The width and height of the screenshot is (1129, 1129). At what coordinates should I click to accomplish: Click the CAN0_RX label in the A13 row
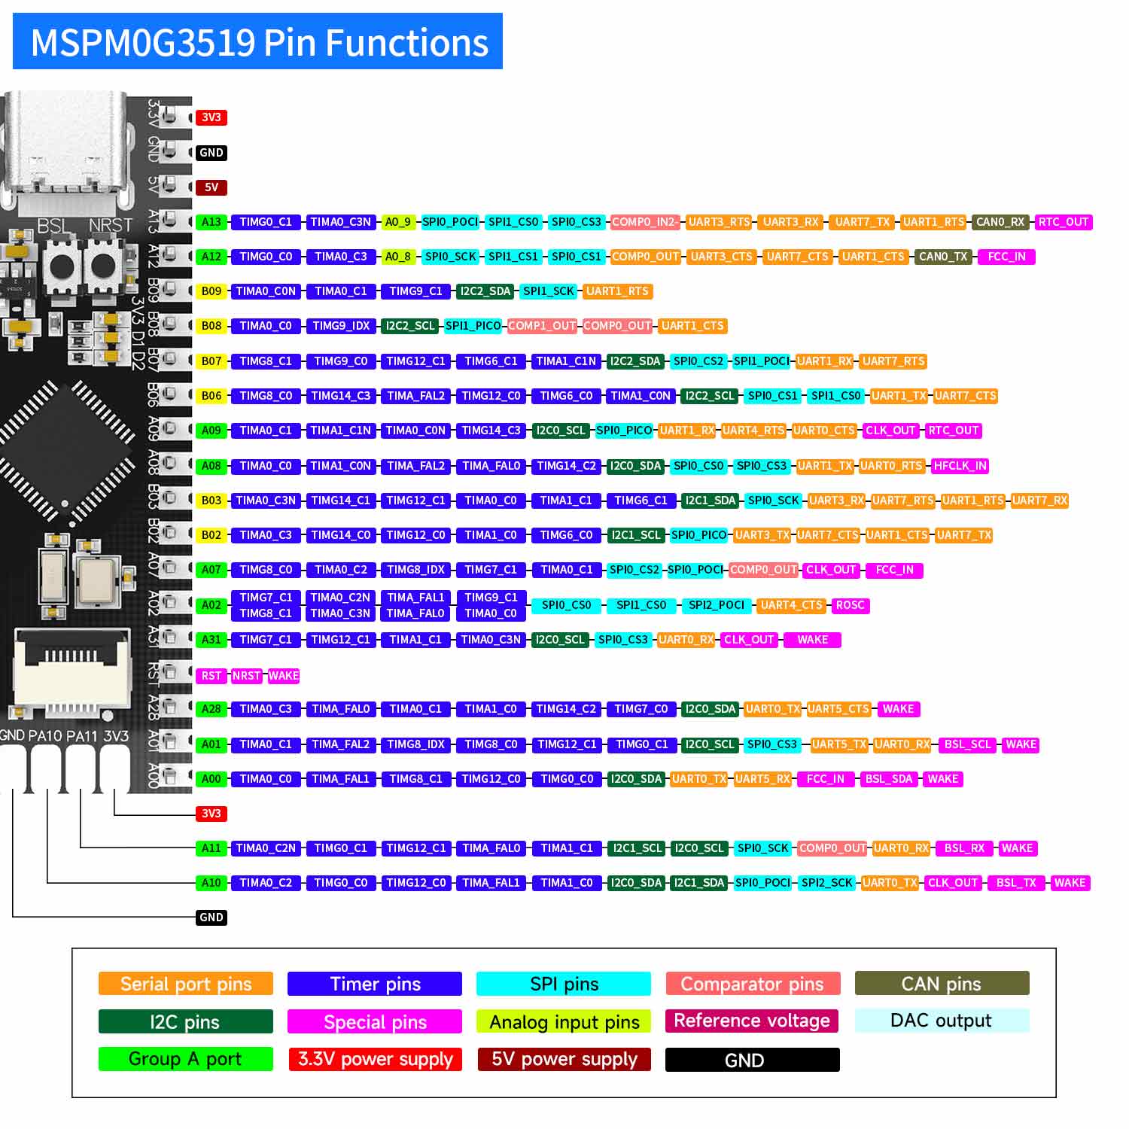tap(1000, 222)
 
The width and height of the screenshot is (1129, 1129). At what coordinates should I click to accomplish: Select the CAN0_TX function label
tap(943, 257)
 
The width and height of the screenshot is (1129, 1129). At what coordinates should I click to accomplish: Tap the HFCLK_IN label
tap(960, 466)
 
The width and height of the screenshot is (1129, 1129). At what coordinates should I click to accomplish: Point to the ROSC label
tap(850, 605)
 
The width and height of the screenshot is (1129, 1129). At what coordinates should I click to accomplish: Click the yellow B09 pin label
tap(211, 291)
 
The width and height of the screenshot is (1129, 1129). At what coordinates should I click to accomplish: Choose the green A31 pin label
tap(211, 640)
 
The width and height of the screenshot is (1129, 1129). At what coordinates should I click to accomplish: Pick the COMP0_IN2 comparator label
tap(644, 222)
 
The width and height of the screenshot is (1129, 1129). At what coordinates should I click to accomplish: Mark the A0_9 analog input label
tap(397, 222)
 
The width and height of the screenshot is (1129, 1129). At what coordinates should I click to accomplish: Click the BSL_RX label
tap(964, 848)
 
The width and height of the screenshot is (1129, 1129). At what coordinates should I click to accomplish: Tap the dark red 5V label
tap(211, 187)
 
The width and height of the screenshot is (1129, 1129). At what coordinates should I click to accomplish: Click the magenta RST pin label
tap(211, 676)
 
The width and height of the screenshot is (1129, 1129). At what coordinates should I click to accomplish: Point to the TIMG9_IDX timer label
tap(341, 326)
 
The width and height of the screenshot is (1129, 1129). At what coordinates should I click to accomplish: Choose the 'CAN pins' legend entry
tap(942, 984)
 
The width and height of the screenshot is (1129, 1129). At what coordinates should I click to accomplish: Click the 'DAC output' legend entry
tap(942, 1021)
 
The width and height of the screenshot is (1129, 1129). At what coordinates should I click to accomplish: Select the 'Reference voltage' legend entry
tap(752, 1021)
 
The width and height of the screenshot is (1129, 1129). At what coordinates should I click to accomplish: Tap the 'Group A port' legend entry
tap(185, 1059)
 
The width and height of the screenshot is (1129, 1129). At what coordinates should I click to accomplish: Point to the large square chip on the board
tap(66, 452)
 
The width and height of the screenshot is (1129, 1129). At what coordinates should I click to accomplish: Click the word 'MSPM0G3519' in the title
tap(143, 44)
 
